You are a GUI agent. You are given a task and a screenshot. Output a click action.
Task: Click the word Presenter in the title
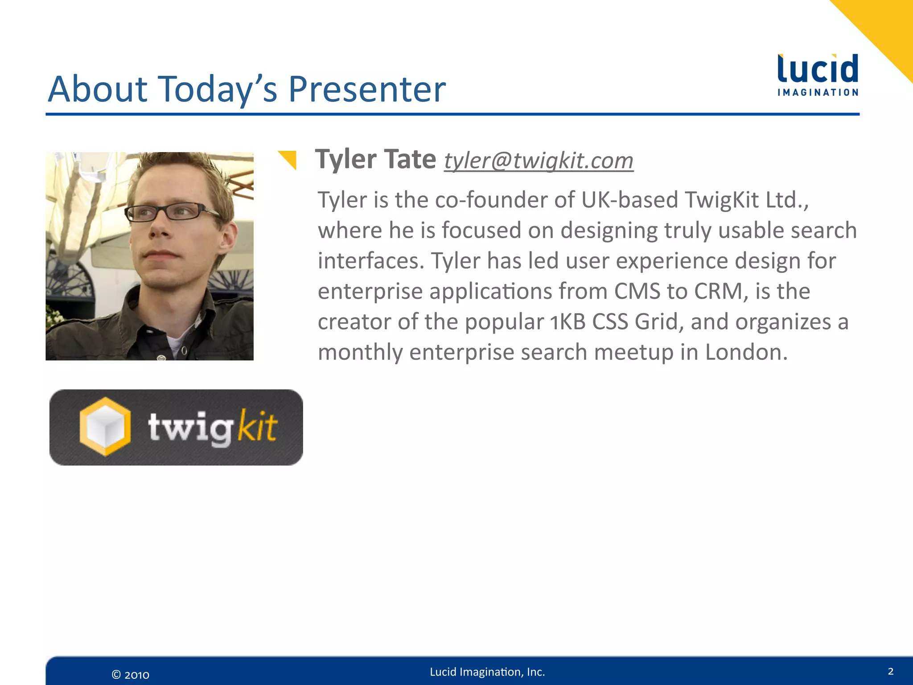pos(366,89)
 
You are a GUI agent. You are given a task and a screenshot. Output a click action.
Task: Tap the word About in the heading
pos(97,89)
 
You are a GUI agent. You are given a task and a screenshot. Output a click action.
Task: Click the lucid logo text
pos(818,70)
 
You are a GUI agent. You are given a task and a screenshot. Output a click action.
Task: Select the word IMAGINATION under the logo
pos(818,93)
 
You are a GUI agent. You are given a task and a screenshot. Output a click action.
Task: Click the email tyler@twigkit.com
pos(539,161)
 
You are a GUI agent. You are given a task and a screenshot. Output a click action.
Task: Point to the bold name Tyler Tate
pos(375,159)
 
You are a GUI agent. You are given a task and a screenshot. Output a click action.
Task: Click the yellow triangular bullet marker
pos(288,160)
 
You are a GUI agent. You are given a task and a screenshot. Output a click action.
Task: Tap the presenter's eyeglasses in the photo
pos(172,212)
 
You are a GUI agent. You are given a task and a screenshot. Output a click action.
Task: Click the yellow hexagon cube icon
pos(105,426)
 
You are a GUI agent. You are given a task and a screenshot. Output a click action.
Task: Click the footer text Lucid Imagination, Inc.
pos(487,672)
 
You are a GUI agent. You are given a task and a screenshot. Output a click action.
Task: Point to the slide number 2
pos(890,671)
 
